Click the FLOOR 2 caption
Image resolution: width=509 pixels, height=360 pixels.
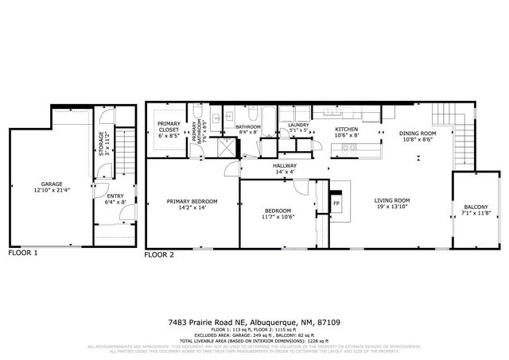(x=159, y=256)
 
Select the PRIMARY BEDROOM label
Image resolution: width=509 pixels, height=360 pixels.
(x=192, y=201)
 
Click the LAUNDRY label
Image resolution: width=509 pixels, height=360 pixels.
(x=298, y=125)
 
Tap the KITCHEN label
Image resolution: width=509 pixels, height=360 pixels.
(x=346, y=129)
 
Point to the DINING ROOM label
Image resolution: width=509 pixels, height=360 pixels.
(x=418, y=133)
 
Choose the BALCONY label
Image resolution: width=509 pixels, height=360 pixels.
(x=476, y=207)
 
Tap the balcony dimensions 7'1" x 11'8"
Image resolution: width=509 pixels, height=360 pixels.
(x=476, y=215)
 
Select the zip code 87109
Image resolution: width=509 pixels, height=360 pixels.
(x=329, y=323)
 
